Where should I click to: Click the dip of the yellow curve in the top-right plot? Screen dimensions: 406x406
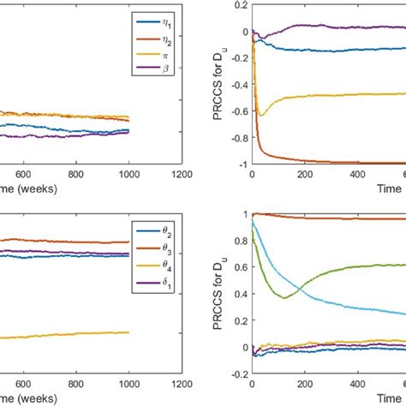click(260, 114)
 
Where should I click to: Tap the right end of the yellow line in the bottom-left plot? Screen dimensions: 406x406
click(128, 332)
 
